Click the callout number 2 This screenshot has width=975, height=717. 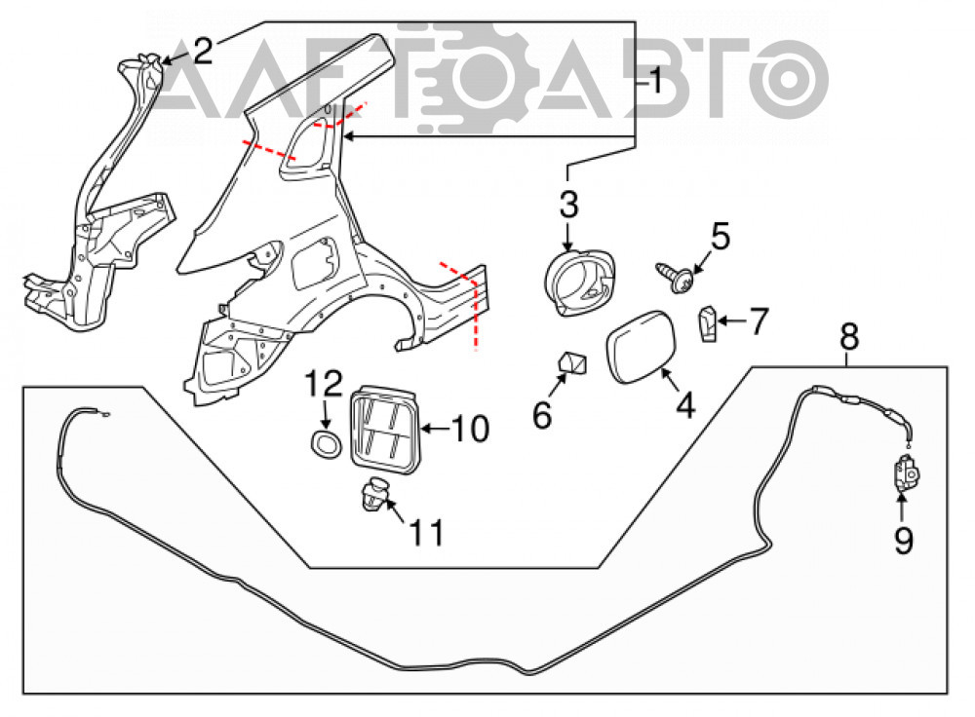204,51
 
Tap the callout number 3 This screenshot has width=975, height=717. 568,204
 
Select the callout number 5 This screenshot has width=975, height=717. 721,237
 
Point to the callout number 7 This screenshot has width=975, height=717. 759,321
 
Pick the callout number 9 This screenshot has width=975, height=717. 904,540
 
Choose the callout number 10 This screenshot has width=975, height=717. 470,429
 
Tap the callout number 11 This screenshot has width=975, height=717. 427,533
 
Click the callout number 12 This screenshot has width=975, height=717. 324,384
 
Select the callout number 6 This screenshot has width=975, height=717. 542,414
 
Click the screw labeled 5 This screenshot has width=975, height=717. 676,277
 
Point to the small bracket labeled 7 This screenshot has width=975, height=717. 708,323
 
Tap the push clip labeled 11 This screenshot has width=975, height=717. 374,494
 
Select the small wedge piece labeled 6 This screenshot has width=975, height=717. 574,362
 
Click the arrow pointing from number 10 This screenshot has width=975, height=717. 435,428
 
